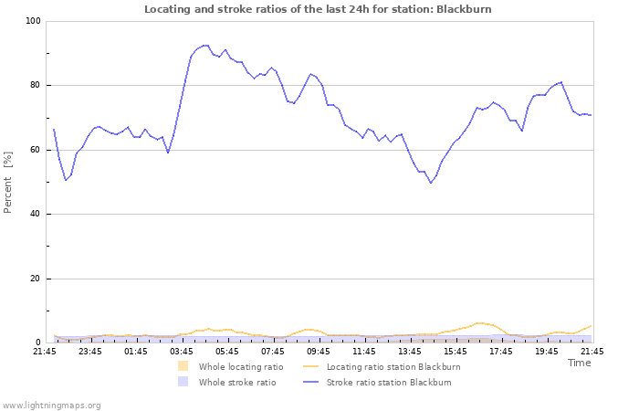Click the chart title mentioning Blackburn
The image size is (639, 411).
click(x=318, y=9)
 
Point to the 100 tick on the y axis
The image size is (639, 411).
click(x=33, y=21)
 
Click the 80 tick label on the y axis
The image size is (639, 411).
click(x=35, y=86)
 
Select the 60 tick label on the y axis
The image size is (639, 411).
click(x=35, y=150)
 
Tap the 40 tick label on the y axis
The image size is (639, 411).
click(x=35, y=215)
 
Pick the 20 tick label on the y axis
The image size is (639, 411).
click(x=35, y=279)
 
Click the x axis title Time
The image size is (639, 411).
click(x=579, y=363)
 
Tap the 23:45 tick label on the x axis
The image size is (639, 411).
click(x=90, y=351)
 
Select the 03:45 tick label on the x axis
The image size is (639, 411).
click(x=182, y=351)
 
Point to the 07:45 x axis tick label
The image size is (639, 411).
click(x=273, y=351)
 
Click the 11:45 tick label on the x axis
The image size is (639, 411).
click(x=364, y=351)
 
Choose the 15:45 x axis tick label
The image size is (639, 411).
click(x=456, y=351)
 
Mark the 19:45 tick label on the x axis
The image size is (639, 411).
click(x=547, y=351)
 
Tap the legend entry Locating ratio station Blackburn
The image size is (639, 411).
click(x=393, y=367)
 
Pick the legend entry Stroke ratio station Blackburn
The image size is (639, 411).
click(x=389, y=383)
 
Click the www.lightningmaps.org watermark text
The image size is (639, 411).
click(x=51, y=405)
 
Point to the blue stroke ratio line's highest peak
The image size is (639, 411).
click(x=205, y=45)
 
